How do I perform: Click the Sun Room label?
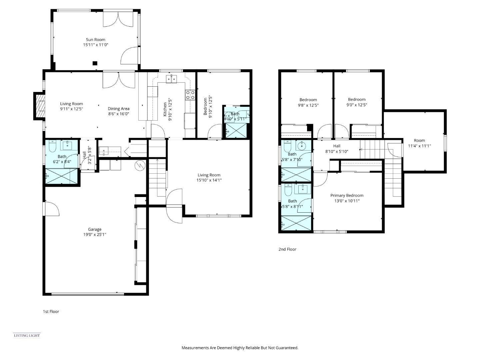[x=95, y=40]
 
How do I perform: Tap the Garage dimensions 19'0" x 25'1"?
[x=95, y=235]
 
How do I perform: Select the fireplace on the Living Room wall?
[x=39, y=106]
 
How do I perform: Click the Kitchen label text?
[x=165, y=109]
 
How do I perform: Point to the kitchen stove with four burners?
[x=190, y=95]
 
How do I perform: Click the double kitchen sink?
[x=172, y=79]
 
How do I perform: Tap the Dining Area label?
[x=118, y=109]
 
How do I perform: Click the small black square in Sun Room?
[x=95, y=63]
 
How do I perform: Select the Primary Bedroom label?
[x=347, y=196]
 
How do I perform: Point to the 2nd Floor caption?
[x=287, y=249]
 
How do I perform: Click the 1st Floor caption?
[x=51, y=312]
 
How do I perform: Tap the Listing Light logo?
[x=27, y=335]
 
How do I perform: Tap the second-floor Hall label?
[x=337, y=146]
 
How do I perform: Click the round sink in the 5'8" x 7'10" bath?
[x=303, y=145]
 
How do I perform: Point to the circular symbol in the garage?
[x=139, y=165]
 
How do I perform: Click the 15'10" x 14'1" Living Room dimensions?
[x=209, y=180]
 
